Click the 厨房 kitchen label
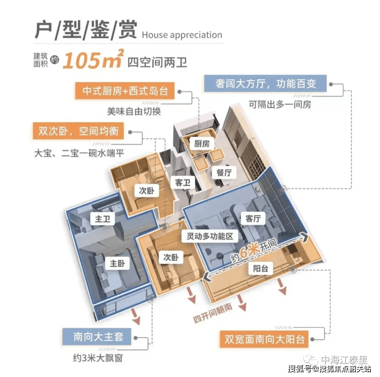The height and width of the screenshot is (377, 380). pos(202,144)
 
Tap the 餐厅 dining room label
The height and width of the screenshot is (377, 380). pos(224,173)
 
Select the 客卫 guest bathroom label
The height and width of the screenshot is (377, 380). pos(183,183)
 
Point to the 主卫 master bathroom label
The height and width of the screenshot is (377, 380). pos(103,219)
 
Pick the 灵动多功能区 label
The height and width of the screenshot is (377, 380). pos(210,236)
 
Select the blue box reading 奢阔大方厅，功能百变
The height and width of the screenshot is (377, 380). pos(266,84)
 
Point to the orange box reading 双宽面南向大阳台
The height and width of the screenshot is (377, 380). pos(264,339)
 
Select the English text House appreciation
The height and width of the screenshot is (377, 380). pos(182,35)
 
